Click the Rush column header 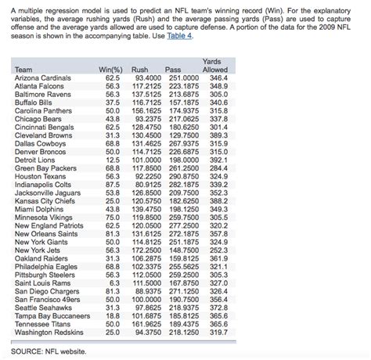(x=140, y=70)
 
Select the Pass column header (x=174, y=70)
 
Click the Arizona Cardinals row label (x=46, y=78)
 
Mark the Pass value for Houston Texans (x=179, y=178)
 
